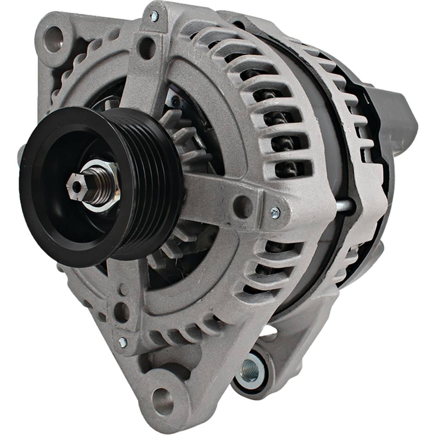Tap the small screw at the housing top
(x=154, y=16)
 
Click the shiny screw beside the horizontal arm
(x=275, y=212)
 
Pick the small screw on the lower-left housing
(x=122, y=342)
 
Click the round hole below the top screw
(x=147, y=47)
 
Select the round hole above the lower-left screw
(x=121, y=311)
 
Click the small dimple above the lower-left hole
(x=122, y=288)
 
